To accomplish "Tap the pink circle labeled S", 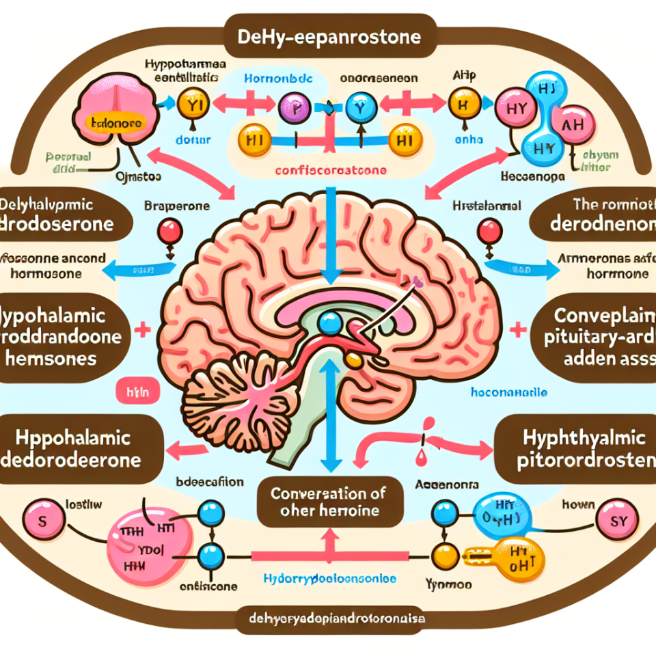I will (x=40, y=521).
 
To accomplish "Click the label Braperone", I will (x=168, y=204).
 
